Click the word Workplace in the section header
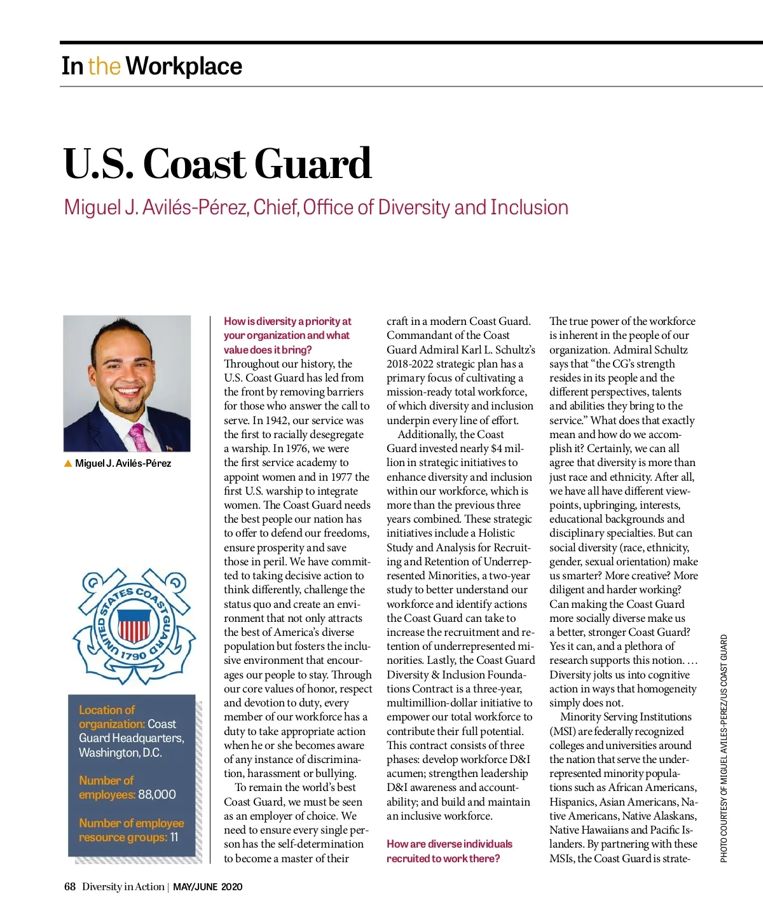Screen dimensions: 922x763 point(184,66)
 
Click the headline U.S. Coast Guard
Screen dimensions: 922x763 point(217,163)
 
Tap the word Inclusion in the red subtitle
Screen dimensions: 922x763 point(529,207)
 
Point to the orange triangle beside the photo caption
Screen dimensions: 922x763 point(68,463)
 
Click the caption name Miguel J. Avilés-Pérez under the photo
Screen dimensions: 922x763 point(123,463)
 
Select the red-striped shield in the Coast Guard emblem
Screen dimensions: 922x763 point(134,626)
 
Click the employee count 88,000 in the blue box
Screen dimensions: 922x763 point(157,794)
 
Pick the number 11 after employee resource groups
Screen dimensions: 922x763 point(174,837)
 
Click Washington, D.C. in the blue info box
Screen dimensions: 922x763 point(120,752)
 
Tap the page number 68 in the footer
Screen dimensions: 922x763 point(70,886)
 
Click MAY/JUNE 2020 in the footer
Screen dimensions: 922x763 point(207,887)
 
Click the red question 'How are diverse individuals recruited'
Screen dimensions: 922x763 point(449,851)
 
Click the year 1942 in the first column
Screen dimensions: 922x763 point(266,420)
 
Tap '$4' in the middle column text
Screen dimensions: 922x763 point(497,448)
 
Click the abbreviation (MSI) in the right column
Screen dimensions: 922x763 point(562,731)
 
